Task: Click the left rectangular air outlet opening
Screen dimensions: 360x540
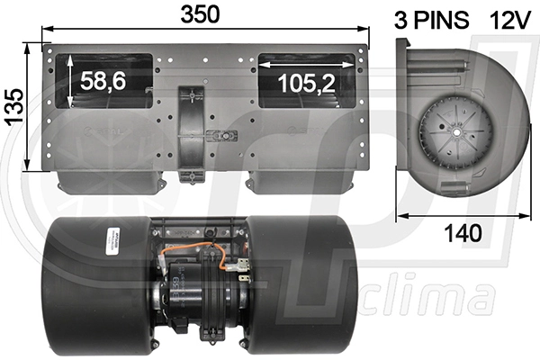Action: point(104,80)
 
